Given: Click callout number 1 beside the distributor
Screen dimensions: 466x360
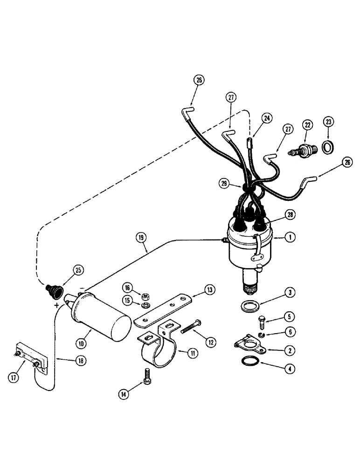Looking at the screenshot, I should click(290, 237).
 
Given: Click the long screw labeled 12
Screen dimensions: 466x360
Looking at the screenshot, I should click(190, 336).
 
